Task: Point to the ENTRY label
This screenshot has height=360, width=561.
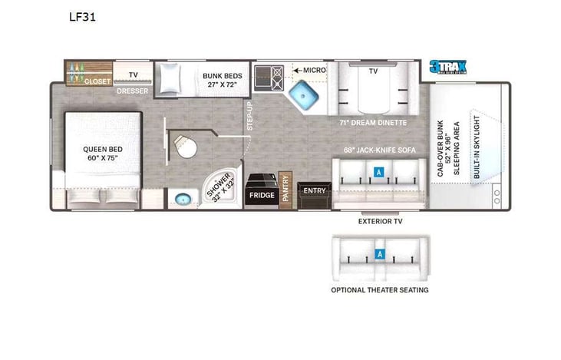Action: (314, 190)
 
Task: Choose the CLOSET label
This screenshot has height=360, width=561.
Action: (97, 81)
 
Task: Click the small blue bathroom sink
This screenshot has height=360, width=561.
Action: (182, 200)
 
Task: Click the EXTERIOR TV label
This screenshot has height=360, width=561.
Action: (380, 221)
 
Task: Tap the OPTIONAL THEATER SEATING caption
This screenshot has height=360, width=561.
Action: (379, 289)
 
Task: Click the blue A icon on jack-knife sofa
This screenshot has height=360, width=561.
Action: (378, 172)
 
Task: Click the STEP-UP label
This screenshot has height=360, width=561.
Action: (249, 120)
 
